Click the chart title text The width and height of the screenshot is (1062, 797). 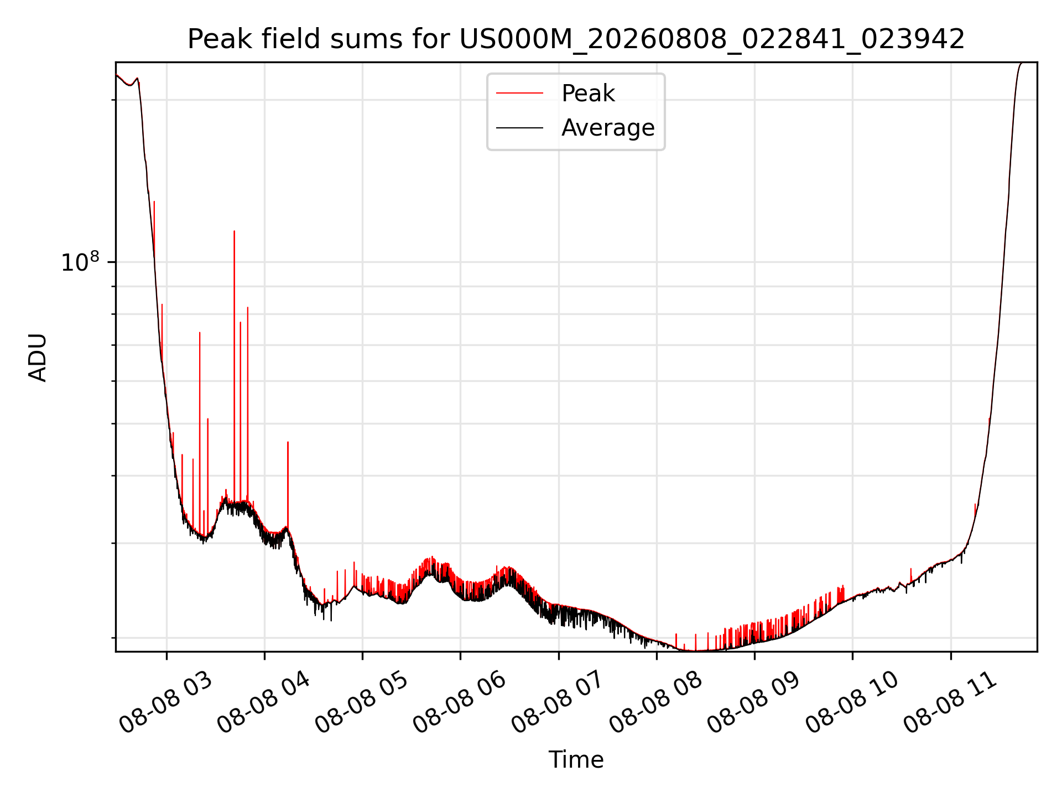click(x=576, y=39)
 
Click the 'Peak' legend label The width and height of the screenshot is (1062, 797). click(x=588, y=94)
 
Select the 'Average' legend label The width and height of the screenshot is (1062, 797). click(x=608, y=128)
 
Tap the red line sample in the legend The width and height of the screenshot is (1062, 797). click(x=519, y=94)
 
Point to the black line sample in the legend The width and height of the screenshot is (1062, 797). click(x=519, y=128)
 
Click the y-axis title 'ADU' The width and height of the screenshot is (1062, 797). click(x=38, y=358)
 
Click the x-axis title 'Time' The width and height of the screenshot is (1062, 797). click(x=576, y=759)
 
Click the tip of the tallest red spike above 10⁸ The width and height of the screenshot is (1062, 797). click(x=235, y=231)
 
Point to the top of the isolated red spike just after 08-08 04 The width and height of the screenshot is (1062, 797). click(x=288, y=442)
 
